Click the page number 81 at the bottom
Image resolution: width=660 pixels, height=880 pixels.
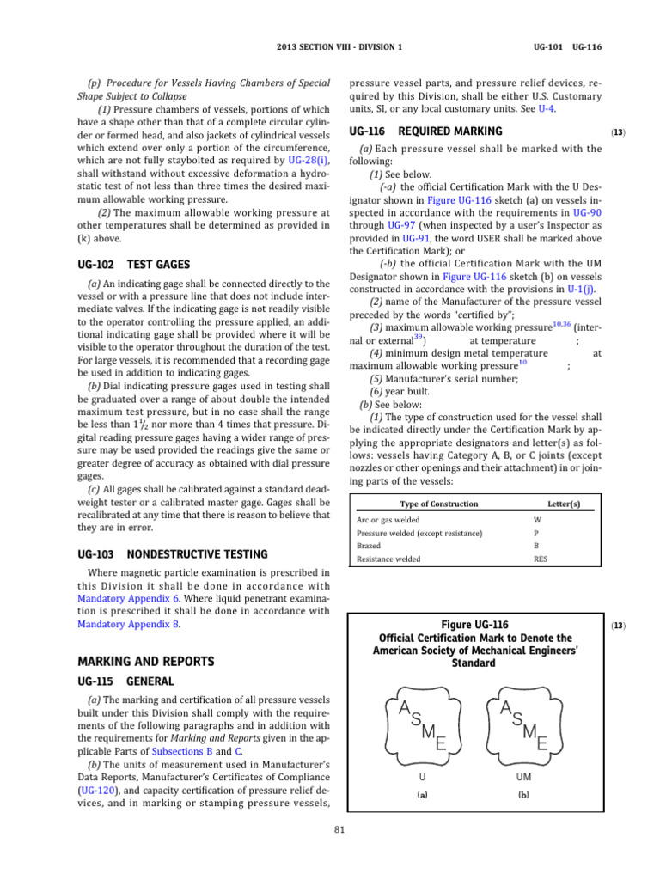pyautogui.click(x=338, y=828)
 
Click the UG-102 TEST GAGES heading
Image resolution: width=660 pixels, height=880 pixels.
pyautogui.click(x=134, y=265)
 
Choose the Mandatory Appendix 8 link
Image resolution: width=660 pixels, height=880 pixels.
pyautogui.click(x=119, y=624)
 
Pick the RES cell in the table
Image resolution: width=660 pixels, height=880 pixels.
pyautogui.click(x=541, y=559)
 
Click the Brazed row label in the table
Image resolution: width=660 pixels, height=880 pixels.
pyautogui.click(x=369, y=546)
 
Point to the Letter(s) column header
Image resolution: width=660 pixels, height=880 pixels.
pyautogui.click(x=563, y=503)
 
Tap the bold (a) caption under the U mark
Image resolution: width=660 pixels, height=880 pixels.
pyautogui.click(x=422, y=795)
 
